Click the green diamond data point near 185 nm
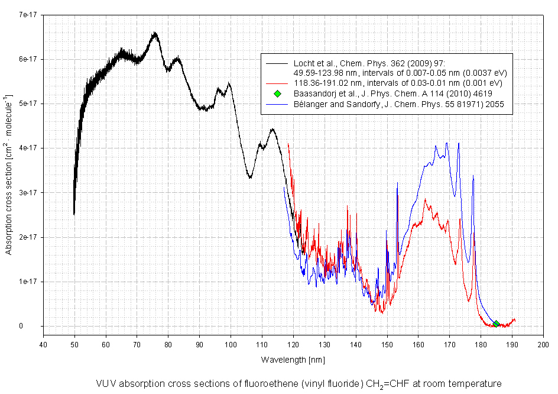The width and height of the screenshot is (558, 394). coord(496,324)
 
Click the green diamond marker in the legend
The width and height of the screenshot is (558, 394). coord(277,93)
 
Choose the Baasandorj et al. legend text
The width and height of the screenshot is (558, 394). coord(392,93)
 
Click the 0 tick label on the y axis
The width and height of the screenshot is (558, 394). coord(37,326)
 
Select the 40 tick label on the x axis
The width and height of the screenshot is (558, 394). coord(43,344)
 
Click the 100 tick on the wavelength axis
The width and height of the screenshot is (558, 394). coord(230,344)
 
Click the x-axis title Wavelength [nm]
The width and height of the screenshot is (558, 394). coord(293,360)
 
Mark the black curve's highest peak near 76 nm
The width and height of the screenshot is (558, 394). coord(155,33)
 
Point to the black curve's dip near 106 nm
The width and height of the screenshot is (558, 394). coord(250,177)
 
